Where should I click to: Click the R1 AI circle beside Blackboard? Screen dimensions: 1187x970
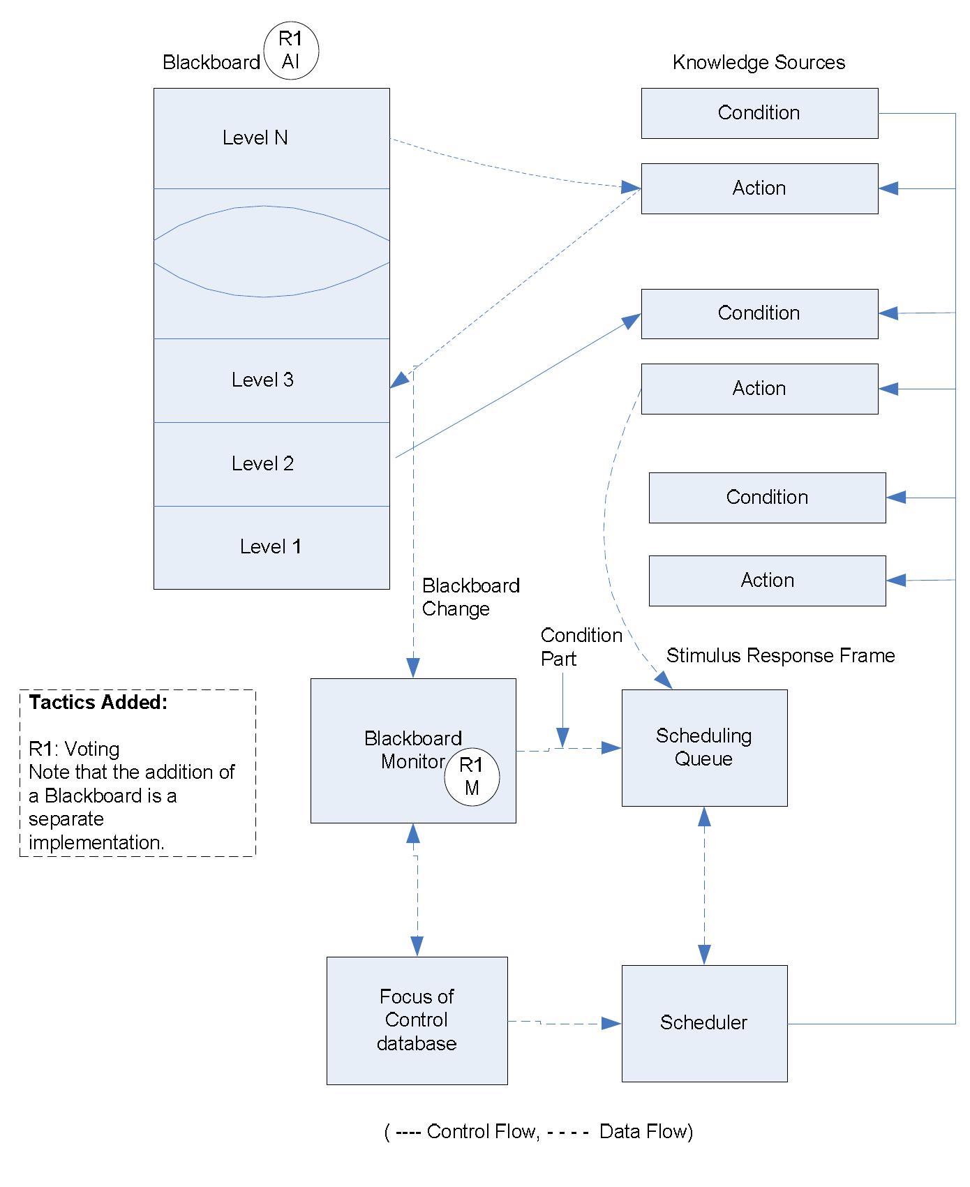(290, 51)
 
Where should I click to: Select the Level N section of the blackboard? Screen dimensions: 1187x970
(271, 138)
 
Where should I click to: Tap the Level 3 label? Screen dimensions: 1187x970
(262, 380)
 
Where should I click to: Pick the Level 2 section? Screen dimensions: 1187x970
(271, 464)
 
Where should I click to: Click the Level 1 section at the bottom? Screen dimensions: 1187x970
(271, 547)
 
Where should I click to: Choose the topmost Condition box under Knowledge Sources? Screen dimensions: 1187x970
(759, 113)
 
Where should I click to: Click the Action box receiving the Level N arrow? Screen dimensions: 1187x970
(759, 188)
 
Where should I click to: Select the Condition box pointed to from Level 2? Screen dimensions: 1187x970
(759, 313)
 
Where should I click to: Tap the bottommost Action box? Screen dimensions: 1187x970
(767, 581)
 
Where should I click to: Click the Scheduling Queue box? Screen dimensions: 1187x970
(704, 747)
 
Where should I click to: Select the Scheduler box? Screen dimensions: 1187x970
(704, 1023)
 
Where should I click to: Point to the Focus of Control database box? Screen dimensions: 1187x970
(417, 1020)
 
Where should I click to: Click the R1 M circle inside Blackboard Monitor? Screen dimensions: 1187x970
(472, 777)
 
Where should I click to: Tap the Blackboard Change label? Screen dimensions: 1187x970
(470, 597)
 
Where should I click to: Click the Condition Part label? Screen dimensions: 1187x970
(581, 647)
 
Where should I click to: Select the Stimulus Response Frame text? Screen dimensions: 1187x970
(780, 656)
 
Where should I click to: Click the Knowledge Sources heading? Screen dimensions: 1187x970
(759, 63)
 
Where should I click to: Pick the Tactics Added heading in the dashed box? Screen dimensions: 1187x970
(98, 703)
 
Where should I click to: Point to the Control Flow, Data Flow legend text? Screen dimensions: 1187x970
(539, 1131)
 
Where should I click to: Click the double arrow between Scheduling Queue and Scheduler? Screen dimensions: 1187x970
(704, 886)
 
